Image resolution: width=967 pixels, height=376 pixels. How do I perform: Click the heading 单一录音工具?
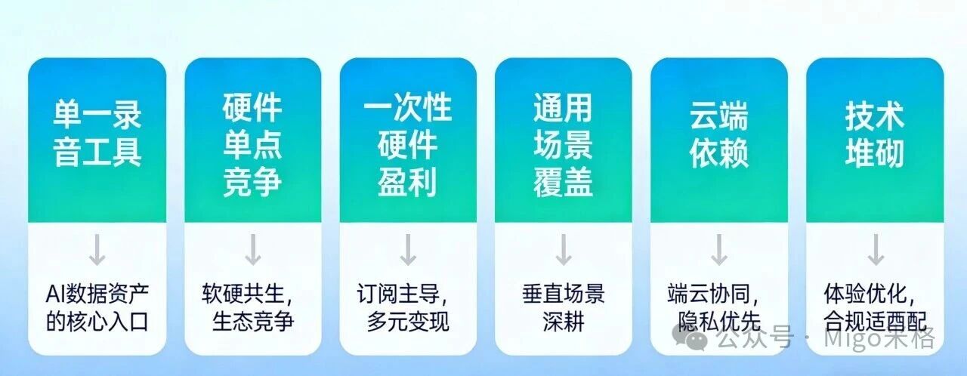click(x=97, y=134)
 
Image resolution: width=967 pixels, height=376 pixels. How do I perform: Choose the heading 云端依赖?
click(x=718, y=134)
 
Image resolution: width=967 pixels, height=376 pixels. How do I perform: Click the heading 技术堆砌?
click(x=874, y=134)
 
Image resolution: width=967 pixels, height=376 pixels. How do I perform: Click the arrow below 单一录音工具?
click(x=97, y=251)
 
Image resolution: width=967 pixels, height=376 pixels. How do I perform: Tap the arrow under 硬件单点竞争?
click(x=252, y=251)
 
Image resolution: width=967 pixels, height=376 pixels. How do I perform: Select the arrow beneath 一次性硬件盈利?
click(x=408, y=251)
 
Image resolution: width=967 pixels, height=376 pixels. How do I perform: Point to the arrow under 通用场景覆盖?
click(x=563, y=251)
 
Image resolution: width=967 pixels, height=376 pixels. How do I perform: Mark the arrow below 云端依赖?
click(x=718, y=251)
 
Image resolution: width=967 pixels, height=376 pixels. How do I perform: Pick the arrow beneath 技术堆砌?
click(x=875, y=251)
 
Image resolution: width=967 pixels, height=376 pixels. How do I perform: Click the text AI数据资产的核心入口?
click(x=97, y=307)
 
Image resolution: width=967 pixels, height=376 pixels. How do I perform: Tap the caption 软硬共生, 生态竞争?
click(x=249, y=307)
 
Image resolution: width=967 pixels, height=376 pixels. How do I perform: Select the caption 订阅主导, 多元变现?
click(x=406, y=307)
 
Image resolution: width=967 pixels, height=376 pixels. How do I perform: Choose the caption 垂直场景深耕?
click(x=563, y=307)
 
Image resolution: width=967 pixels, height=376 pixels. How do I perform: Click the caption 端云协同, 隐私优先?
click(x=714, y=307)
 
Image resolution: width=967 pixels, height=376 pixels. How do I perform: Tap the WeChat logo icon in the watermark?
click(x=697, y=340)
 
